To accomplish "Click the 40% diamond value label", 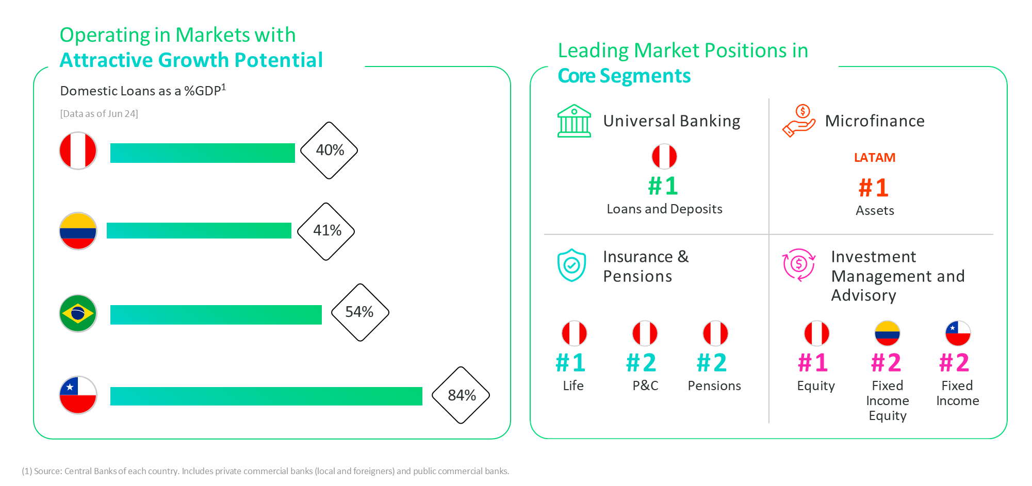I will [329, 150].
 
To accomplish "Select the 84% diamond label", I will [461, 395].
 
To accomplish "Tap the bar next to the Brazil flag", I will [216, 314].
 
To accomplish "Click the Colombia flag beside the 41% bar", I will [78, 231].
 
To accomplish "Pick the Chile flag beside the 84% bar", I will [78, 395].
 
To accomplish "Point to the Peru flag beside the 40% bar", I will [78, 150].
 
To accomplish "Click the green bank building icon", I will [574, 121].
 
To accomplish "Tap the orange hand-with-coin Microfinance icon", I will [798, 121].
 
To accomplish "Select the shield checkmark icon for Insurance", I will [571, 265].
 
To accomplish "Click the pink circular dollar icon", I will [798, 265].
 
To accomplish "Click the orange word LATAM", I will [874, 158].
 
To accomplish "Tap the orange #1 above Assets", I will [874, 188].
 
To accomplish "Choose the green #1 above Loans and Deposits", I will [663, 186].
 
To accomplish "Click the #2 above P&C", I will [642, 363].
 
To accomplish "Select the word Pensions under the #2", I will [714, 386].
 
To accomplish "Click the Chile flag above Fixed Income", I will [958, 333].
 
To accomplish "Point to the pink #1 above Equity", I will [813, 363].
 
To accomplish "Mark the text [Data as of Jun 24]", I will [99, 114].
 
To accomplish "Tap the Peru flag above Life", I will [574, 333].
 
